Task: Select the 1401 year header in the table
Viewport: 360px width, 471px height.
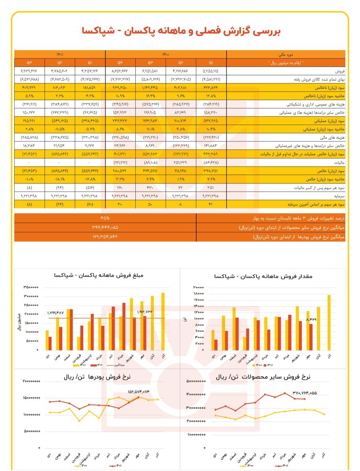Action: point(60,54)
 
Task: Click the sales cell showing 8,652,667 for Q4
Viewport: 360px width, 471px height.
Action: point(120,71)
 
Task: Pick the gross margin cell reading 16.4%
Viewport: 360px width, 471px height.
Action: point(151,96)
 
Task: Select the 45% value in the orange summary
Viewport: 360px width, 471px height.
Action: point(105,218)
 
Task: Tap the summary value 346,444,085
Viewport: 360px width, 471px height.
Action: point(105,228)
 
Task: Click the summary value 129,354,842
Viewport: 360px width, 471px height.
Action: point(105,237)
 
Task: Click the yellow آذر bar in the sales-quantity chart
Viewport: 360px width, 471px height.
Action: point(329,322)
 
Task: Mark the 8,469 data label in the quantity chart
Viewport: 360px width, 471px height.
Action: point(313,320)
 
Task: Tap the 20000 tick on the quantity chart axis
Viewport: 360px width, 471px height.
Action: point(198,287)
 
